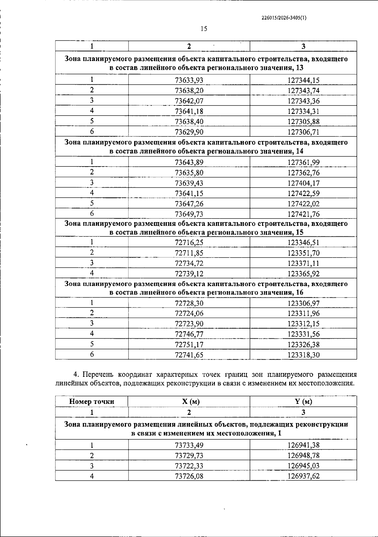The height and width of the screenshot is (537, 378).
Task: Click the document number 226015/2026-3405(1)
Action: click(284, 18)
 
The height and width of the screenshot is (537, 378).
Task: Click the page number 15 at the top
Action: click(204, 29)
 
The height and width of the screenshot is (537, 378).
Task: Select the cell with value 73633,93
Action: click(189, 80)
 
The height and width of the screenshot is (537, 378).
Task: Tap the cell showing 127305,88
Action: click(303, 122)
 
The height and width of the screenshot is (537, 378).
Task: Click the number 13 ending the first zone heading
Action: click(300, 68)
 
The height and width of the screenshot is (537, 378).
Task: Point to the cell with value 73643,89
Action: click(189, 162)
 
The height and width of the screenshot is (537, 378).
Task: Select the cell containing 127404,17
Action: click(303, 183)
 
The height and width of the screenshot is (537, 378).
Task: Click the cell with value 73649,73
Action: click(189, 214)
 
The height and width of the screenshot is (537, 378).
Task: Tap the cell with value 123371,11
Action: click(303, 263)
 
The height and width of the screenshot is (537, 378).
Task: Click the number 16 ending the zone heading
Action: click(300, 293)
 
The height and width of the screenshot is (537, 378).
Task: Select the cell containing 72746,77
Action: click(189, 334)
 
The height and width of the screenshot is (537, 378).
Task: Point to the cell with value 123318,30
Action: click(303, 355)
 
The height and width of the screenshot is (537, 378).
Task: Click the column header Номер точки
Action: click(92, 402)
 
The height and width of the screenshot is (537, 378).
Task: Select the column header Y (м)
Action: click(303, 402)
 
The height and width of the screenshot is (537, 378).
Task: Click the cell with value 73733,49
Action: click(189, 445)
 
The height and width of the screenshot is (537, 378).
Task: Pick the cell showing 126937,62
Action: click(303, 476)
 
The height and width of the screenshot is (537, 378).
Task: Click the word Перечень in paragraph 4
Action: click(99, 375)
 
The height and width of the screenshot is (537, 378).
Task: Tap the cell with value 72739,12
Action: click(189, 274)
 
